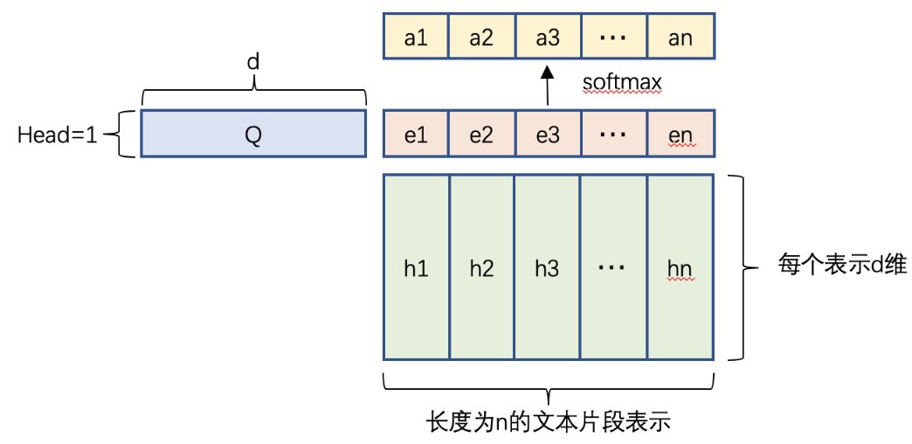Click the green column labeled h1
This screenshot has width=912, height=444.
tap(416, 267)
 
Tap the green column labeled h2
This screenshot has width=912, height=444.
tap(481, 267)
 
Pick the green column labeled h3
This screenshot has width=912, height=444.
tap(547, 267)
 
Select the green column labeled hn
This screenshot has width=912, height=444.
tap(681, 267)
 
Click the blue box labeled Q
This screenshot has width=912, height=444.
tap(252, 133)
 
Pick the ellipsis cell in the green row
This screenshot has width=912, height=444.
tap(613, 267)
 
